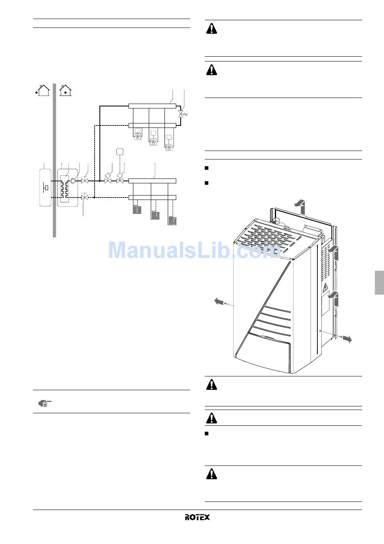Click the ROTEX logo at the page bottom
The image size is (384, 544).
[x=197, y=517]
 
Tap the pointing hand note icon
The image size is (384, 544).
[x=45, y=403]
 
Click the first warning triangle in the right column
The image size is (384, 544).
[x=211, y=29]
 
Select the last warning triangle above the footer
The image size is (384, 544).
[x=211, y=474]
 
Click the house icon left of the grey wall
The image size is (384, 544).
[x=43, y=90]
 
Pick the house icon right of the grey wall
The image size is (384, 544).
[x=65, y=90]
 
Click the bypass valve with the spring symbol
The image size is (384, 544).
[x=181, y=115]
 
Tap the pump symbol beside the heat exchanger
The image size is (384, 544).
[x=74, y=181]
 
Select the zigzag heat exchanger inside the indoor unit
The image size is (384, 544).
[x=64, y=189]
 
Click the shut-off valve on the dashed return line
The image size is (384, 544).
[x=84, y=197]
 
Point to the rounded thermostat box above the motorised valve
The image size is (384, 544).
[x=120, y=151]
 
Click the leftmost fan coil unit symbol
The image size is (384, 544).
[x=138, y=137]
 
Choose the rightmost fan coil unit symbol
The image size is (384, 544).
[x=169, y=147]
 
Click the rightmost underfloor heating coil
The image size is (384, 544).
[x=173, y=221]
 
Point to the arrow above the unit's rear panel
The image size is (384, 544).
[x=299, y=204]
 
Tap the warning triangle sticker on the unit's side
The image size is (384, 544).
[x=325, y=288]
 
